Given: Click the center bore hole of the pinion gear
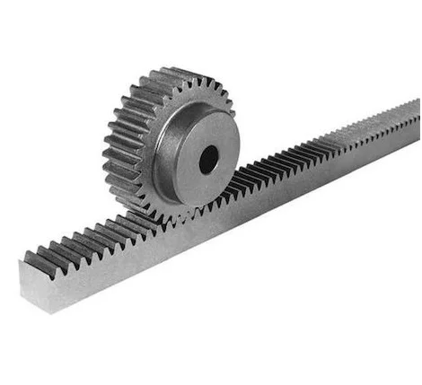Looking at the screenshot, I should point(208,159).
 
